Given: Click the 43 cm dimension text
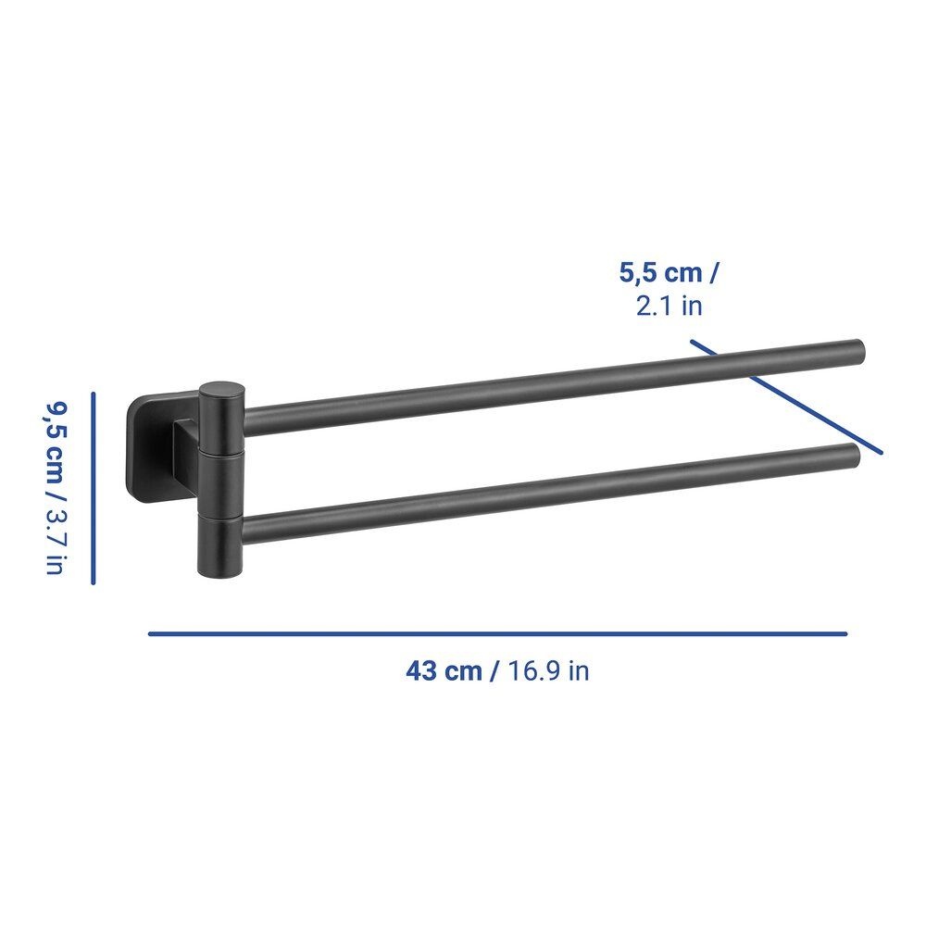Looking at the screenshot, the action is click(x=444, y=670).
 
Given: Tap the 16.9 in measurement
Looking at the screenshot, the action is click(x=548, y=670).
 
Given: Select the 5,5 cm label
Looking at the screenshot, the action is click(x=661, y=273).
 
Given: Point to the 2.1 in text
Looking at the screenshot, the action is click(x=669, y=306).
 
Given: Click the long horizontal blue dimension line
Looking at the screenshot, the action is click(x=498, y=633).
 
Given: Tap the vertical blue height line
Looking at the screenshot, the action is click(x=94, y=488).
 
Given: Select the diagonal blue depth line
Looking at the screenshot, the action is click(x=786, y=397).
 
